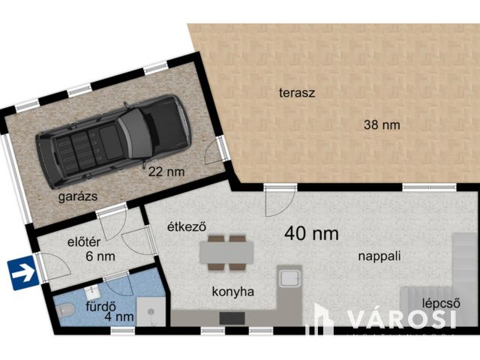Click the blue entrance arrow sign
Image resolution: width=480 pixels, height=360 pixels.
tap(23, 273)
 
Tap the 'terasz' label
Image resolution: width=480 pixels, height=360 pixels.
tap(297, 93)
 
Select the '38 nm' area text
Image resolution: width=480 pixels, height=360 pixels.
tap(382, 125)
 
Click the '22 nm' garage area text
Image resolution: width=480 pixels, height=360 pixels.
tap(166, 172)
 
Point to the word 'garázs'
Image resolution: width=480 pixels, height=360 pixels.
tap(78, 196)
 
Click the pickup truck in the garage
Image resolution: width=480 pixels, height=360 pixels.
tap(114, 140)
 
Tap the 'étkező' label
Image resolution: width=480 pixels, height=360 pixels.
tap(187, 226)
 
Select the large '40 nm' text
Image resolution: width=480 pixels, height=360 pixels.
tap(311, 233)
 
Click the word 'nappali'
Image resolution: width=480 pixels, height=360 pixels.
tap(379, 256)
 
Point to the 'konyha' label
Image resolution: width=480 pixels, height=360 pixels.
tap(233, 292)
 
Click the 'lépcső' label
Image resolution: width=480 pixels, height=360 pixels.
tap(441, 303)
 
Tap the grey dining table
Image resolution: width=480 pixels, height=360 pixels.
tap(226, 253)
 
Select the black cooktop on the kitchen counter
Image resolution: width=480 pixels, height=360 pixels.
tap(232, 318)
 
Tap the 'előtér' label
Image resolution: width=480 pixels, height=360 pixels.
tap(84, 242)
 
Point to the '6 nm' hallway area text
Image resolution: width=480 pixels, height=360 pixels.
tap(100, 256)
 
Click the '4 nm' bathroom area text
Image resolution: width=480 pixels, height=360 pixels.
tap(119, 316)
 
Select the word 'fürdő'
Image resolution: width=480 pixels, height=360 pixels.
tap(100, 306)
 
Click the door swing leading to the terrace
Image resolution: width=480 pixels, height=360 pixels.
tap(279, 200)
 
